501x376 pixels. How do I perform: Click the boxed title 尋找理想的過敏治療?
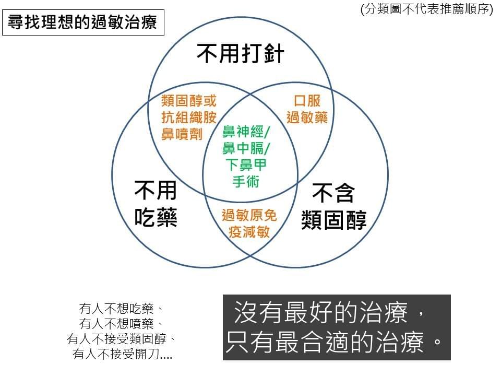pyautogui.click(x=83, y=22)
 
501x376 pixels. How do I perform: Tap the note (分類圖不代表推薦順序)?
pyautogui.click(x=426, y=9)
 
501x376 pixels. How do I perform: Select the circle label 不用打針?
pyautogui.click(x=240, y=54)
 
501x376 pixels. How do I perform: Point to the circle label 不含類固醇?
pyautogui.click(x=333, y=206)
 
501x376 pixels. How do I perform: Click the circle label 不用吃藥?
pyautogui.click(x=156, y=204)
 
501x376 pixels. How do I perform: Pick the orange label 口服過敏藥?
pyautogui.click(x=307, y=109)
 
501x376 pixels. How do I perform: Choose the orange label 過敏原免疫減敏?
pyautogui.click(x=249, y=224)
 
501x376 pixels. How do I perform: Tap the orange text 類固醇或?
pyautogui.click(x=189, y=101)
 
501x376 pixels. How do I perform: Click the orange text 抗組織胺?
pyautogui.click(x=189, y=118)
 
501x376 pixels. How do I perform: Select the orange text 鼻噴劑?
pyautogui.click(x=182, y=134)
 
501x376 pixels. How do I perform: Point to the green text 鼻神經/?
pyautogui.click(x=246, y=132)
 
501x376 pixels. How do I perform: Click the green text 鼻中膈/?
pyautogui.click(x=246, y=148)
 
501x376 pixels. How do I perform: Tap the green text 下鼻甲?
pyautogui.click(x=246, y=164)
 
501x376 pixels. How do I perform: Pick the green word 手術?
pyautogui.click(x=246, y=181)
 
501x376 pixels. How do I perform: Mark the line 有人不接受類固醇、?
pyautogui.click(x=122, y=339)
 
